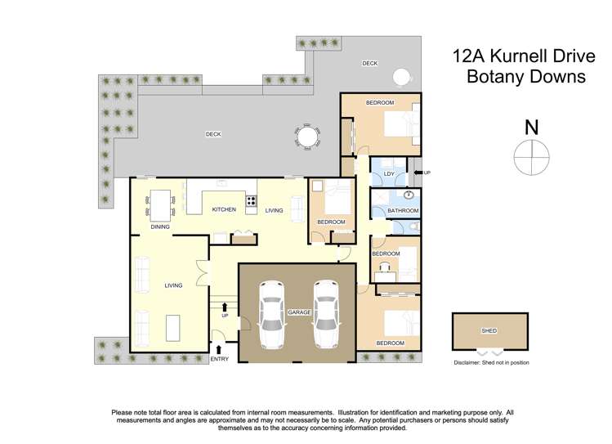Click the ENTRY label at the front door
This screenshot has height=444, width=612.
[x=220, y=359]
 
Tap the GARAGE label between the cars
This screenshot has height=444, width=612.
[x=297, y=312]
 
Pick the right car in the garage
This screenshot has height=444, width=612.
[x=326, y=312]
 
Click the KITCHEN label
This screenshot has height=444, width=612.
[x=224, y=210]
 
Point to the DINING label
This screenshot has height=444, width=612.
[x=159, y=226]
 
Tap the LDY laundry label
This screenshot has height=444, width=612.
[x=389, y=173]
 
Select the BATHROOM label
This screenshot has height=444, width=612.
[x=402, y=210]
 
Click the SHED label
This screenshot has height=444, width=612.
[x=489, y=330]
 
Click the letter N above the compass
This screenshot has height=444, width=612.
[x=532, y=128]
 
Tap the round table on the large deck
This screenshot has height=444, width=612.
[x=307, y=137]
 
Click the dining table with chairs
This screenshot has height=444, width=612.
[x=160, y=204]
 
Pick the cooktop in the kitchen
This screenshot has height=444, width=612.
[x=251, y=200]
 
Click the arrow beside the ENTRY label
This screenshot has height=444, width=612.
[x=218, y=349]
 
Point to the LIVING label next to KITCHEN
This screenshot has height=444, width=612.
[x=274, y=210]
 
